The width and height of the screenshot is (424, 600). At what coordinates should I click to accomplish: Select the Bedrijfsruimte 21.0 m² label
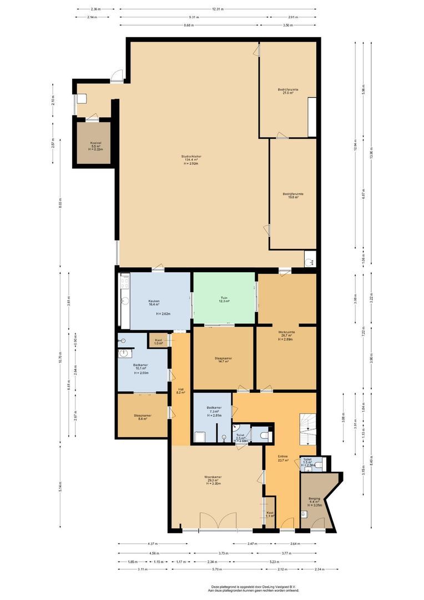tap(288, 91)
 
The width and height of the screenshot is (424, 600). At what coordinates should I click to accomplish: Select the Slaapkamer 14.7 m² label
tap(223, 361)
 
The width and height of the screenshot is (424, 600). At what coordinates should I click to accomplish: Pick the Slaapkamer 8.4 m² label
tap(143, 417)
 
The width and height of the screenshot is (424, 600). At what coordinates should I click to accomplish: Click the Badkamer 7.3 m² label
tap(214, 411)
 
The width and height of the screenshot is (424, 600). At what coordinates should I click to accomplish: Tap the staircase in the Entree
tap(307, 429)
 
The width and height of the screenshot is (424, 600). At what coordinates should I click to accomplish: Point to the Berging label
tap(314, 501)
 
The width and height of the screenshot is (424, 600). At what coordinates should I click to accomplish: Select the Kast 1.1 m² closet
tap(270, 514)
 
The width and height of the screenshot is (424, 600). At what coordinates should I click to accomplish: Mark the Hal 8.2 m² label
tap(180, 391)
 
